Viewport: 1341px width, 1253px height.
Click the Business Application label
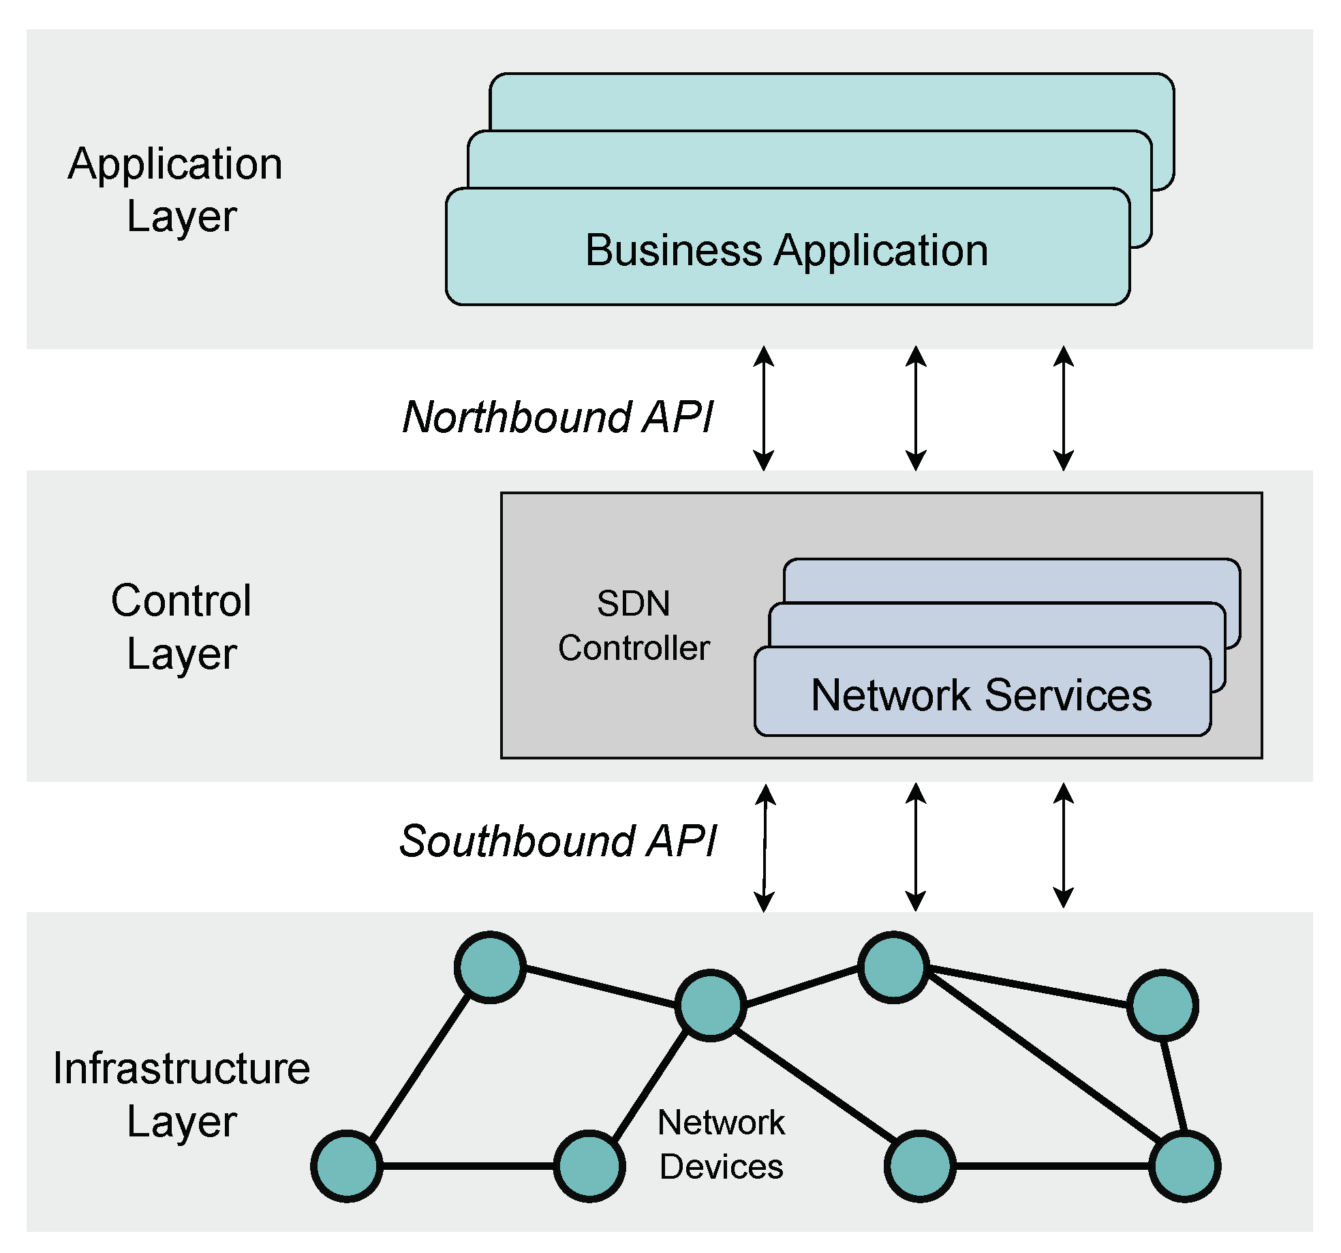(x=786, y=250)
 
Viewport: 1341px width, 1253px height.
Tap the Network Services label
(x=981, y=695)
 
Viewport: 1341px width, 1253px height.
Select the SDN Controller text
(x=633, y=626)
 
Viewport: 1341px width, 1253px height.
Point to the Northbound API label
(x=557, y=417)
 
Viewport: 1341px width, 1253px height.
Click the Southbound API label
(x=557, y=841)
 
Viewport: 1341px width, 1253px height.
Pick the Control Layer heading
(x=181, y=626)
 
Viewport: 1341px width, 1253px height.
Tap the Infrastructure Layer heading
(x=181, y=1094)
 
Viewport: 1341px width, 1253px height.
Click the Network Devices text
(x=721, y=1145)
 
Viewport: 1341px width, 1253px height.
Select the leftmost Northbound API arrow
(x=764, y=408)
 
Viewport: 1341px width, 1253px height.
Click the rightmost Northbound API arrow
(x=1064, y=408)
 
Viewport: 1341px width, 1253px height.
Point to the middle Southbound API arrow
(x=916, y=846)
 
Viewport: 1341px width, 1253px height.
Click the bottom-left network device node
(x=347, y=1166)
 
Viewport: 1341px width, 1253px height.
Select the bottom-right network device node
(x=1184, y=1166)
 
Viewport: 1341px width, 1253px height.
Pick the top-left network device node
(x=490, y=967)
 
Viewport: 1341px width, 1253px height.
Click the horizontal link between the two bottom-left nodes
(x=468, y=1166)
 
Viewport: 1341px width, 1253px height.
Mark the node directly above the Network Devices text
(x=710, y=1006)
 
